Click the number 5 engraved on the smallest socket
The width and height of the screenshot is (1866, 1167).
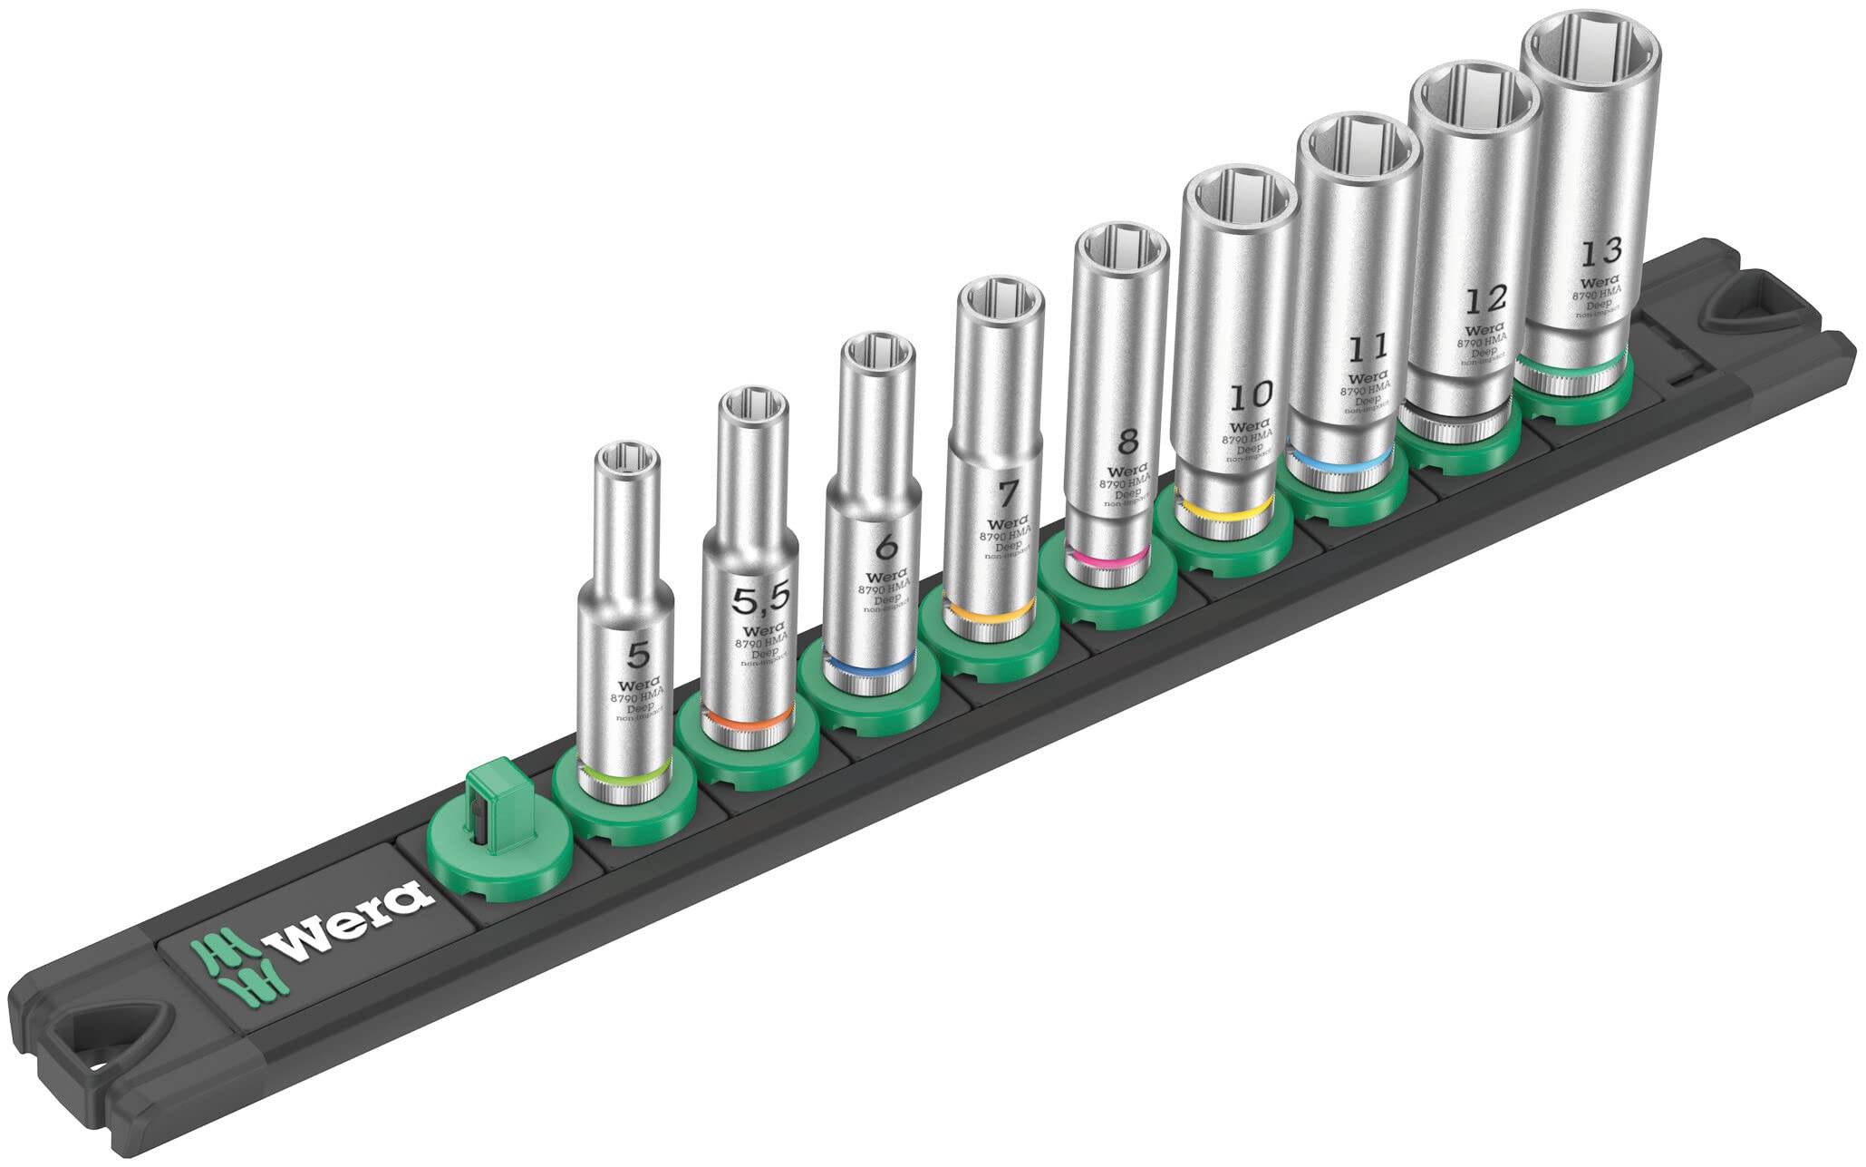tap(640, 653)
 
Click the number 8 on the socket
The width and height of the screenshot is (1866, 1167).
tap(1126, 442)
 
